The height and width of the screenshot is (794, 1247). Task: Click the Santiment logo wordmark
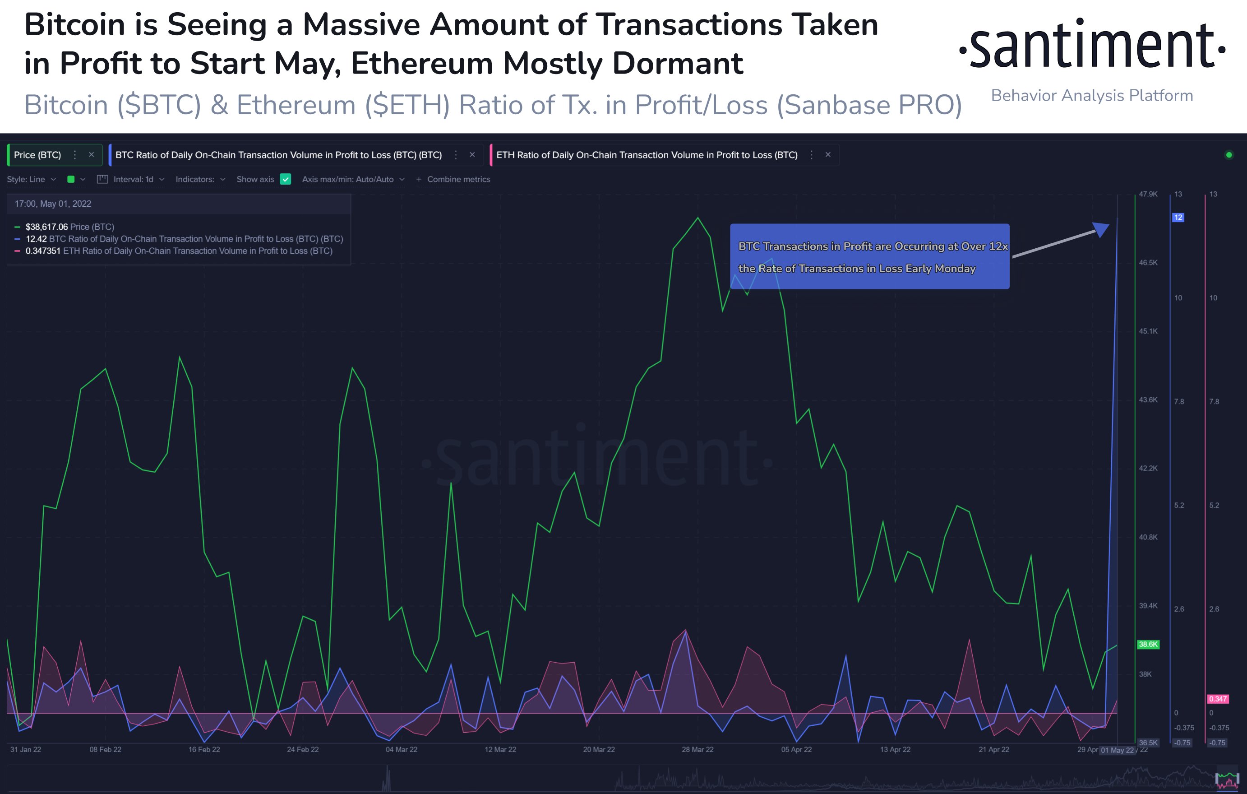point(1092,45)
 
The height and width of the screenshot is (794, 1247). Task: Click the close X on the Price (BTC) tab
point(91,154)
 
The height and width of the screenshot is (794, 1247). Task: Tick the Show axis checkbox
point(285,179)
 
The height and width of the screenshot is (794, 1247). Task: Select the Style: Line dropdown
point(31,179)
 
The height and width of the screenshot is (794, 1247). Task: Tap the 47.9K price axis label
point(1148,195)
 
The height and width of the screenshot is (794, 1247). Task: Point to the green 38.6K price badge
point(1148,644)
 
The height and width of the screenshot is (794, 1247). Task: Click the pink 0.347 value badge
point(1218,699)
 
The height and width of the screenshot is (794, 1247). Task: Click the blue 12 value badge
point(1178,217)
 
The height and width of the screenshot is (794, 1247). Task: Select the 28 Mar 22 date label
point(697,749)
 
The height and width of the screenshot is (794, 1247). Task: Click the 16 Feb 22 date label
point(204,749)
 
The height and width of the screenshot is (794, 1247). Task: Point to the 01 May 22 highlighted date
point(1118,750)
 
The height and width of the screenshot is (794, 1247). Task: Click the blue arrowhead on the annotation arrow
point(1101,229)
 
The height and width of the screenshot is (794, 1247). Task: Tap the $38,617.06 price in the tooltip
point(46,227)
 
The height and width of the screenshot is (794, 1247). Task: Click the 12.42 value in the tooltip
point(36,239)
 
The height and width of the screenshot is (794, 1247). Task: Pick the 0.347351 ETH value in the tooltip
point(43,251)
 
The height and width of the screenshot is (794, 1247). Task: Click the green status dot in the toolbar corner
point(1229,154)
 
